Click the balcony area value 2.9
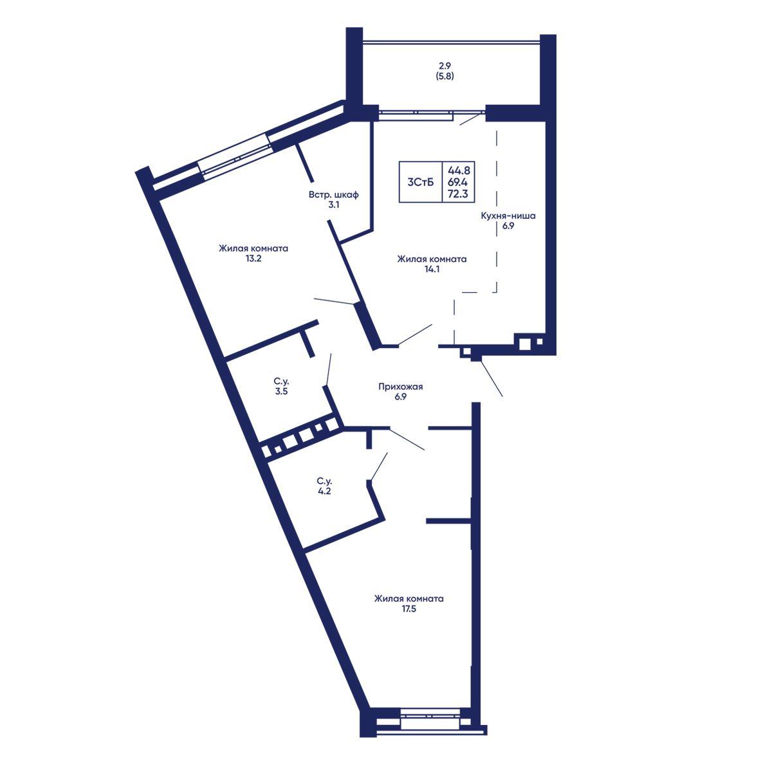pyautogui.click(x=445, y=66)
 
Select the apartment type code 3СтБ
pyautogui.click(x=421, y=182)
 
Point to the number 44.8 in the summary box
pyautogui.click(x=459, y=170)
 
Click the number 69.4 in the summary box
pyautogui.click(x=459, y=182)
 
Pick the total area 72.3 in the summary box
pyautogui.click(x=459, y=194)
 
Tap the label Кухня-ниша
pyautogui.click(x=508, y=216)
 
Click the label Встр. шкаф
pyautogui.click(x=334, y=195)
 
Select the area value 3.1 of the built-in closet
pyautogui.click(x=334, y=205)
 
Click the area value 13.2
pyautogui.click(x=253, y=259)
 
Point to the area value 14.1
pyautogui.click(x=432, y=269)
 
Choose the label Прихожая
pyautogui.click(x=401, y=387)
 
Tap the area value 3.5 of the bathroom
pyautogui.click(x=281, y=391)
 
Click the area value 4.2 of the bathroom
pyautogui.click(x=324, y=491)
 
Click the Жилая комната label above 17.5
pyautogui.click(x=409, y=599)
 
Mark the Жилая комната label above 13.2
pyautogui.click(x=253, y=248)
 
